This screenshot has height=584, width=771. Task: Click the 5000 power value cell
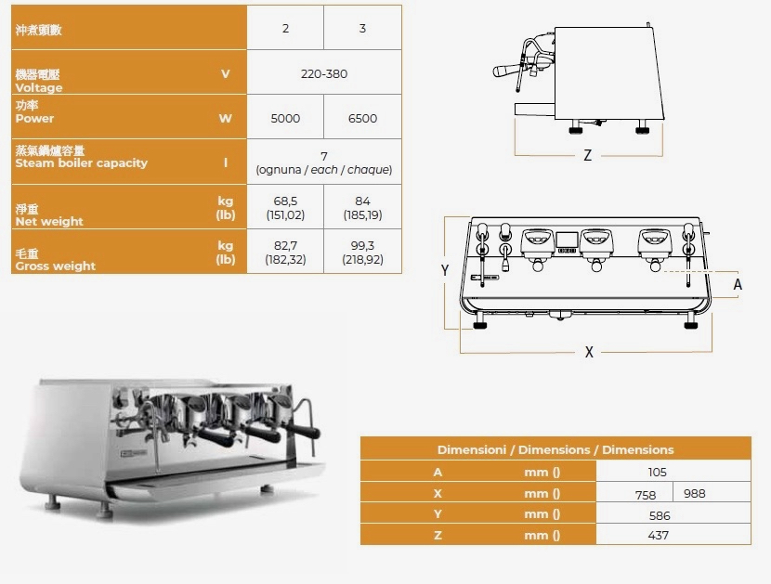coord(285,119)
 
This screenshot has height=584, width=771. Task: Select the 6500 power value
coord(362,119)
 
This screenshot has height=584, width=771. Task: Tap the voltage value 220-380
coord(324,73)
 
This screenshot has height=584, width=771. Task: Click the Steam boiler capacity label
coord(81,162)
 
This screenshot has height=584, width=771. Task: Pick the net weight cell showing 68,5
coord(285,207)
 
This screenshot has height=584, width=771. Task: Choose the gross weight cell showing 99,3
coord(362,252)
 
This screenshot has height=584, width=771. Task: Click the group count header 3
coord(362,28)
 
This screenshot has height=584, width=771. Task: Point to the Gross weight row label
coord(55,266)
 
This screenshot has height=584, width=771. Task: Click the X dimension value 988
coord(694,493)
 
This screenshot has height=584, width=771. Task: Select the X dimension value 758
coord(645,495)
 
